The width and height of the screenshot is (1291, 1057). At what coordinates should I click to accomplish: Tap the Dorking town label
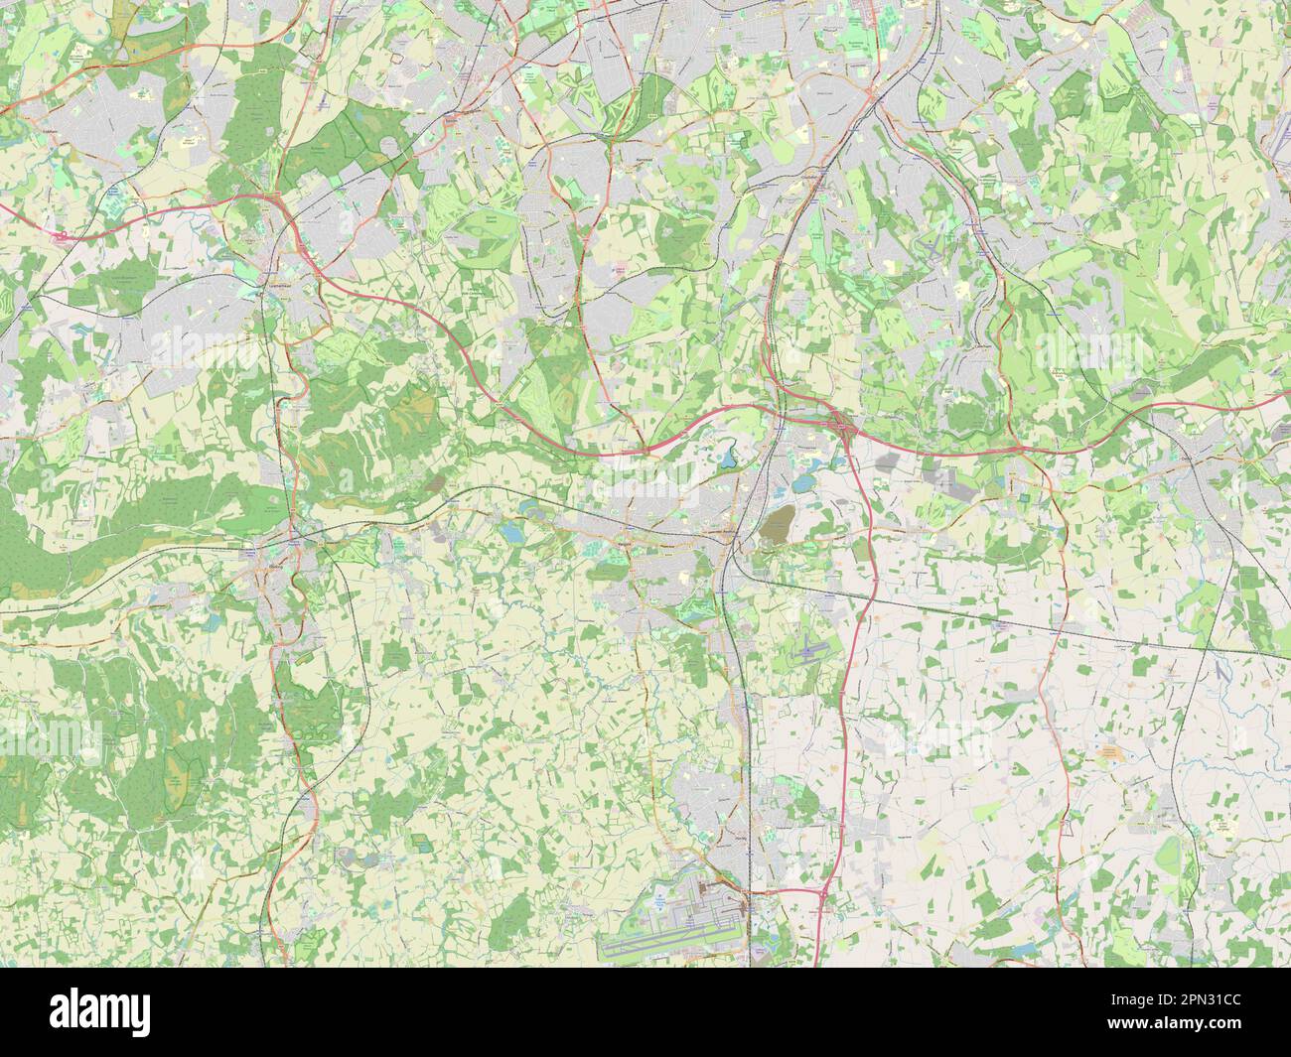(x=276, y=564)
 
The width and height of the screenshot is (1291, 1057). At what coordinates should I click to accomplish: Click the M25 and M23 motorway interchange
(x=844, y=428)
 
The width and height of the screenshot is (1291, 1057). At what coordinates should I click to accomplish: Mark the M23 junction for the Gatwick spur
(x=823, y=894)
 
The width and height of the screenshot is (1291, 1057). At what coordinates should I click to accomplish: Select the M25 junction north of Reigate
(x=646, y=450)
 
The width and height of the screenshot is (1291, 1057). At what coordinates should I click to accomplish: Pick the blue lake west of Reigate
(x=511, y=533)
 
